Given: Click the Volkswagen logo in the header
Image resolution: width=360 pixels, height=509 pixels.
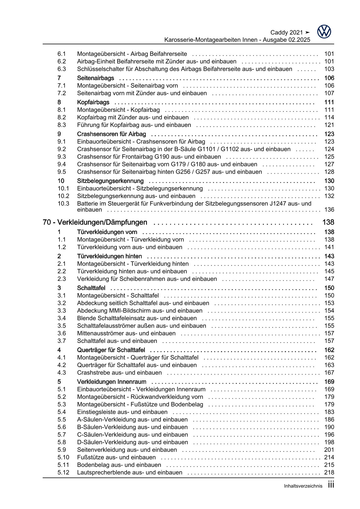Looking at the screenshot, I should pos(324,31).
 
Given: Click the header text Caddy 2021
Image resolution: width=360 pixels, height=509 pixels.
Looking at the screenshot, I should pos(287,33).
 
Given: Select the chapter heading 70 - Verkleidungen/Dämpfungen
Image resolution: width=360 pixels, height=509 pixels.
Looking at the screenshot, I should pos(95,222).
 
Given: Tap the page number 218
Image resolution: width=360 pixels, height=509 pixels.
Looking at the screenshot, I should pos(329,472).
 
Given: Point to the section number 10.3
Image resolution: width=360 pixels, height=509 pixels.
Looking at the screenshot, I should pos(63,204).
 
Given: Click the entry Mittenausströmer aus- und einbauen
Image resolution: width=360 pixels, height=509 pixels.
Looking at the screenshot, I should pos(126,333).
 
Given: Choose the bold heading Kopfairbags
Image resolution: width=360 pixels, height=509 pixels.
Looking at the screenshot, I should pos(93,102).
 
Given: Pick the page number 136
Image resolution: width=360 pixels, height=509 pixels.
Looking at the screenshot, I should pos(329,210).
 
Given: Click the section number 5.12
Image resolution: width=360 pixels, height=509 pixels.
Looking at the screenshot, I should pos(63,472).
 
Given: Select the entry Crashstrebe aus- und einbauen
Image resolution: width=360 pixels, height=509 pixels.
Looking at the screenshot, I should pos(119,373).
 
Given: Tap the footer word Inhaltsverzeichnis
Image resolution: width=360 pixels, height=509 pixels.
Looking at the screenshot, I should pos(303,486).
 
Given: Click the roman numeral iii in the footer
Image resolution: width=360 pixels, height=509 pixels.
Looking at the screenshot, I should pos(331,485).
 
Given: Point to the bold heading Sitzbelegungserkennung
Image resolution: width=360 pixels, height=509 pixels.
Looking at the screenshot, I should pos(110,181).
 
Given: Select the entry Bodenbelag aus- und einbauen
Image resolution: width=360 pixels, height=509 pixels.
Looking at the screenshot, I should pos(119,465).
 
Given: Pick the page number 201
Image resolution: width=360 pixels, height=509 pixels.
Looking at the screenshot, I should pos(329,450).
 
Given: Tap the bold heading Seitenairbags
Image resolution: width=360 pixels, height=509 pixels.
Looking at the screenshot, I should pos(96,78).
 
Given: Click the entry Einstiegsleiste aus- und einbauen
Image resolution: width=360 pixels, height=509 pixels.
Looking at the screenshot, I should pos(122,412).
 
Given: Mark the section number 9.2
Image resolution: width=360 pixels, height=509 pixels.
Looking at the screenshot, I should pos(62,149).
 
